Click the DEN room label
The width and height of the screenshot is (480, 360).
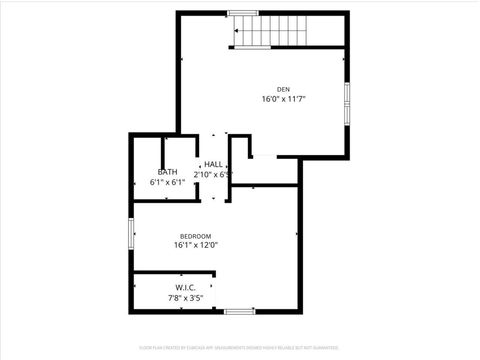(x=283, y=90)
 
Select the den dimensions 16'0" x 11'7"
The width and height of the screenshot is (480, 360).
(x=283, y=100)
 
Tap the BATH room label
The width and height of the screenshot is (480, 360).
(x=167, y=172)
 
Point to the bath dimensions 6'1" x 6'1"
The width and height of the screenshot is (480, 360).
(x=167, y=182)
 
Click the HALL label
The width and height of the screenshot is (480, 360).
(x=213, y=164)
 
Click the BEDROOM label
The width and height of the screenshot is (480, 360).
(x=195, y=236)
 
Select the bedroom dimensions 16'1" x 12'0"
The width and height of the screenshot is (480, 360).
(x=195, y=245)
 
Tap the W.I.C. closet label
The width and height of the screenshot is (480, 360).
(x=185, y=288)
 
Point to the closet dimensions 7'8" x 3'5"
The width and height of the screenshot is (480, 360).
(x=185, y=297)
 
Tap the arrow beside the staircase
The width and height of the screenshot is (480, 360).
(x=236, y=31)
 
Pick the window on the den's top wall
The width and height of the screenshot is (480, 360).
(x=243, y=13)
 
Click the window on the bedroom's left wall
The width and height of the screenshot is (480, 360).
(x=132, y=233)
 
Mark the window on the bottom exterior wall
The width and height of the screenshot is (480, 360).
(x=240, y=311)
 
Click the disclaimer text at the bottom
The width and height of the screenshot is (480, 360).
(x=240, y=348)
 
